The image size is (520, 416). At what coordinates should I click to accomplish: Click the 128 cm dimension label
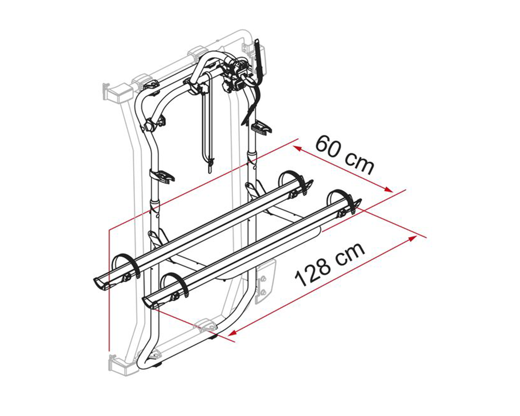coord(330,265)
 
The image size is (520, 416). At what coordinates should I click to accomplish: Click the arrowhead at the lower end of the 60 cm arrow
coord(388,189)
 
